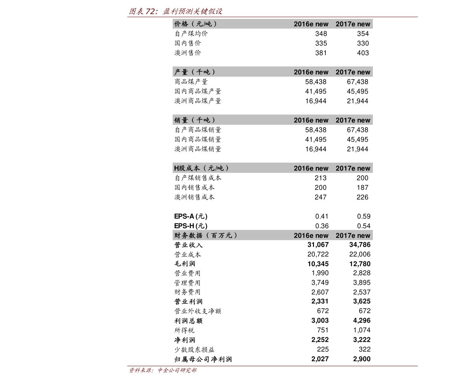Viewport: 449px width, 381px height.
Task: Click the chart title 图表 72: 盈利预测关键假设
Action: tap(176, 11)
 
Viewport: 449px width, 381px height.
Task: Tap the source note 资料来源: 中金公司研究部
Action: tap(162, 370)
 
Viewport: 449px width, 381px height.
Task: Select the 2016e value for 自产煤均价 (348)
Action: tap(321, 34)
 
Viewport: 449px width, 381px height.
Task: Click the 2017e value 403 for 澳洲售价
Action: tap(363, 53)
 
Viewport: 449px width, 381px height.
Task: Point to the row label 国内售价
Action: tap(188, 43)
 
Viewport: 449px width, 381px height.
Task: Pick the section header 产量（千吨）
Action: tap(195, 72)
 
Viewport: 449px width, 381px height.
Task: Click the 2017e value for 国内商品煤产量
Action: tap(357, 91)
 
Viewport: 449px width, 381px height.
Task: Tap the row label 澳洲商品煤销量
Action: tap(198, 149)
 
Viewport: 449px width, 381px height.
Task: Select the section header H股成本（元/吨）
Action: tap(201, 168)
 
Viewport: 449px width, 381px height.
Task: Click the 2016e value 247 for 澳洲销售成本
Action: tap(320, 197)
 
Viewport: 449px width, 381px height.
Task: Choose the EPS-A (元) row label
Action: tap(191, 216)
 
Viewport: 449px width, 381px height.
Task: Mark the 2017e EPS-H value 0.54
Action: tap(364, 226)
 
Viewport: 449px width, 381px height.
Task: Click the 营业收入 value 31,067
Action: tap(318, 245)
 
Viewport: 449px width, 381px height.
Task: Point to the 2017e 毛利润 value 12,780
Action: tap(360, 264)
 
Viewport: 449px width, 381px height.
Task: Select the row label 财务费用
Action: tap(188, 292)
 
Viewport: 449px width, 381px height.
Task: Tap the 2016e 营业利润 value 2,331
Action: tap(320, 301)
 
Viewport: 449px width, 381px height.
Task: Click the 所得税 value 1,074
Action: tap(362, 330)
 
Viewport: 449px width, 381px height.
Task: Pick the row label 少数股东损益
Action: tap(195, 349)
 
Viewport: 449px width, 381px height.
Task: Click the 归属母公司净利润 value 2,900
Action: tap(362, 359)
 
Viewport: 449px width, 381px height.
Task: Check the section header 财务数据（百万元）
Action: tap(205, 235)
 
